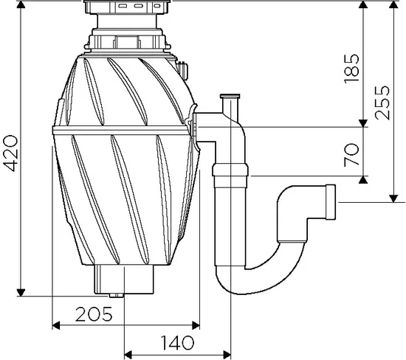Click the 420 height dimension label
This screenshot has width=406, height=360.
coord(11,153)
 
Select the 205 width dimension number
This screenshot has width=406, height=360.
coord(94,314)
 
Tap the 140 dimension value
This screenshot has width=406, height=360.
coord(177,342)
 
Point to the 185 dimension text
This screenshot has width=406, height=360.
coord(351,69)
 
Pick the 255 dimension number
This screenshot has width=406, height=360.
coord(382,103)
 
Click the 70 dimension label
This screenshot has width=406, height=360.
coord(351,155)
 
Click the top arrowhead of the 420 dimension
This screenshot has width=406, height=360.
coord(21,4)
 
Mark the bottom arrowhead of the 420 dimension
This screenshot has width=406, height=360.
coord(21,292)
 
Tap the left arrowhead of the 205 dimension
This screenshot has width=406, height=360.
coord(56,325)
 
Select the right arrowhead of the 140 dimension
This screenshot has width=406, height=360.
coord(227,354)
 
